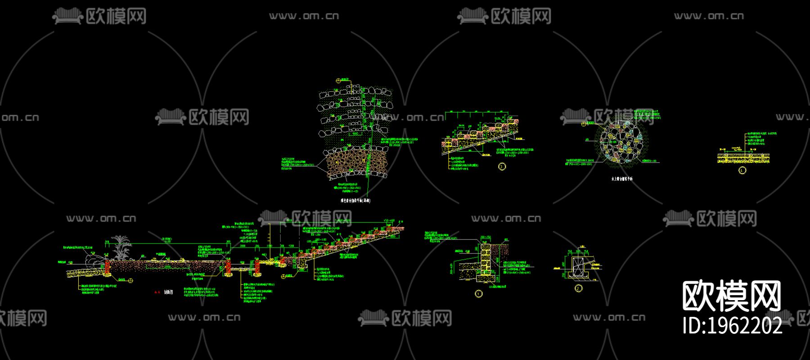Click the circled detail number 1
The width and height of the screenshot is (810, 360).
point(478,294)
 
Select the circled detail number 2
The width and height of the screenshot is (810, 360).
point(579,288)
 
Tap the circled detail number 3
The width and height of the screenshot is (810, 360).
point(502,166)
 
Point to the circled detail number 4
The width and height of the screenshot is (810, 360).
point(742,171)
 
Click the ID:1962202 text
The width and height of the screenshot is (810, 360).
point(733,325)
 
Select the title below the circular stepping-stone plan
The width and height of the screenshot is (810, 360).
point(621,179)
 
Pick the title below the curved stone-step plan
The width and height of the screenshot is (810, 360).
point(355,201)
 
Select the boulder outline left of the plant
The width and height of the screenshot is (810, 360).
point(94,260)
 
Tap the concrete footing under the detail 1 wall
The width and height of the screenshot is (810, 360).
point(484,279)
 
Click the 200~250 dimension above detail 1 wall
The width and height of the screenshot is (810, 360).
point(486,237)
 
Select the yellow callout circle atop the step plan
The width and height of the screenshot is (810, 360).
point(338,81)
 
